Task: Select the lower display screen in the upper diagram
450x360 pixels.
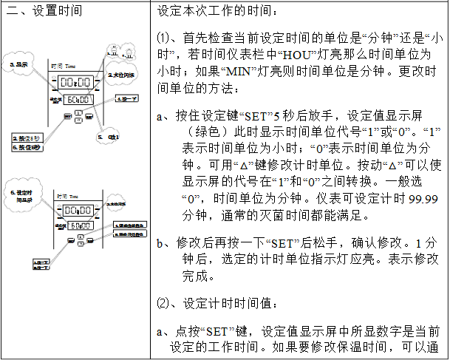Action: point(75,99)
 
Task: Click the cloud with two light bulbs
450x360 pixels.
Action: point(115,52)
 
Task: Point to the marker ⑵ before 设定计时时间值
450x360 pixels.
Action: point(163,302)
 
